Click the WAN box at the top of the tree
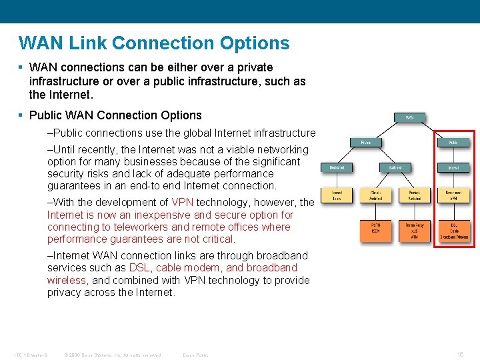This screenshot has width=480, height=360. pyautogui.click(x=409, y=117)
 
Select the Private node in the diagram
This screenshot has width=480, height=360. pyautogui.click(x=366, y=142)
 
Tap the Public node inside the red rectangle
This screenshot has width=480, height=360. pyautogui.click(x=453, y=142)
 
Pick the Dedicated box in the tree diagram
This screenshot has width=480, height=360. pyautogui.click(x=337, y=167)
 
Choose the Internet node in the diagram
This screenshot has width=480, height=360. pyautogui.click(x=453, y=167)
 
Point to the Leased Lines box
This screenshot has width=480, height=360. pyautogui.click(x=337, y=195)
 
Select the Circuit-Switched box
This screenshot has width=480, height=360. pyautogui.click(x=376, y=195)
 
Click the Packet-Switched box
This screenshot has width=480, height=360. pyautogui.click(x=415, y=195)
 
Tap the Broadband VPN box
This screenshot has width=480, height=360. pyautogui.click(x=453, y=195)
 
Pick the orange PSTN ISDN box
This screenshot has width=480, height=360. pyautogui.click(x=376, y=230)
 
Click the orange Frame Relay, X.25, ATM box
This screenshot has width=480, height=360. pyautogui.click(x=415, y=230)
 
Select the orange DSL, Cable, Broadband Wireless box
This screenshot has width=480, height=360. pyautogui.click(x=453, y=230)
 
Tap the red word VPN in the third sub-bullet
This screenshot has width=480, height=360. pyautogui.click(x=183, y=203)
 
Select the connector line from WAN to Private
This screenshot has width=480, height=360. pyautogui.click(x=387, y=129)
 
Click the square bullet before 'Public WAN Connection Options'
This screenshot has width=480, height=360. pyautogui.click(x=22, y=115)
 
